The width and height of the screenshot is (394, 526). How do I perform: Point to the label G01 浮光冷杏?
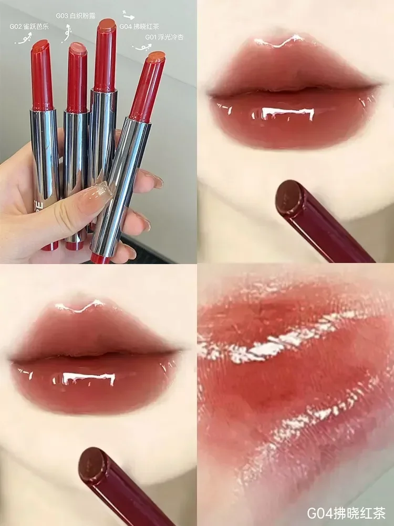click(x=162, y=37)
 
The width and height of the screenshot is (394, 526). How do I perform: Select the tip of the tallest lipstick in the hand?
click(x=107, y=24)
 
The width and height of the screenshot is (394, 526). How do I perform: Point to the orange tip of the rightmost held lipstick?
click(x=157, y=57)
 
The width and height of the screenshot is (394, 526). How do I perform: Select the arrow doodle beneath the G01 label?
click(x=142, y=48)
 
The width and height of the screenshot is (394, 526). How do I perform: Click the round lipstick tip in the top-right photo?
click(x=289, y=198)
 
